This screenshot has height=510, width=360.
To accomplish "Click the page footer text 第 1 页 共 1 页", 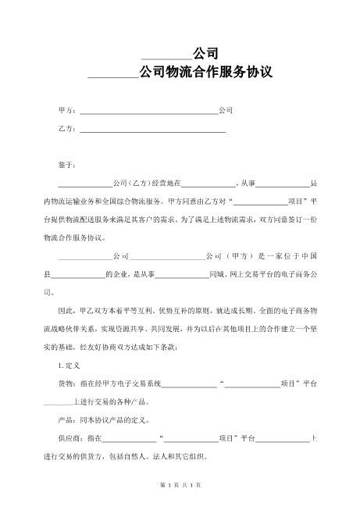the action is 180,485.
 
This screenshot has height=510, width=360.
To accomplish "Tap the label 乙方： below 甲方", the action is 68,128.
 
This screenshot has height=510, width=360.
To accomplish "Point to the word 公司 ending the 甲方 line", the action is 226,111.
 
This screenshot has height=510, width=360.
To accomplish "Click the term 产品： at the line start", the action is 68,421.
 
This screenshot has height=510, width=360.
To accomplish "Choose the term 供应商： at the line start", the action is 72,440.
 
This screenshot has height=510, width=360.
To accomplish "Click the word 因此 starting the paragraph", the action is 66,311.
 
